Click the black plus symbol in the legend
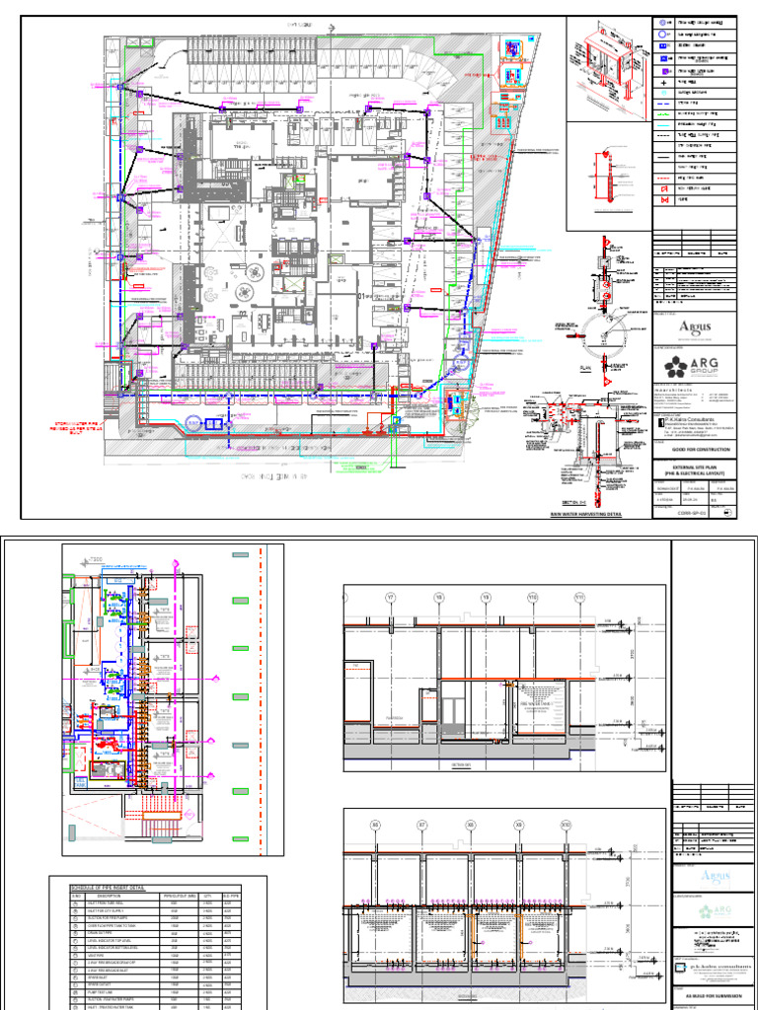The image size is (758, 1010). pos(661,83)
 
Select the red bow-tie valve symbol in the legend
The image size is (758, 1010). pos(661,199)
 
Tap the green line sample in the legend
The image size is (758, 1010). pos(661,113)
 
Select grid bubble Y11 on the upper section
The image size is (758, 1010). pos(580,598)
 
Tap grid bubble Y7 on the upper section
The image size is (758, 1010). pos(391,598)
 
